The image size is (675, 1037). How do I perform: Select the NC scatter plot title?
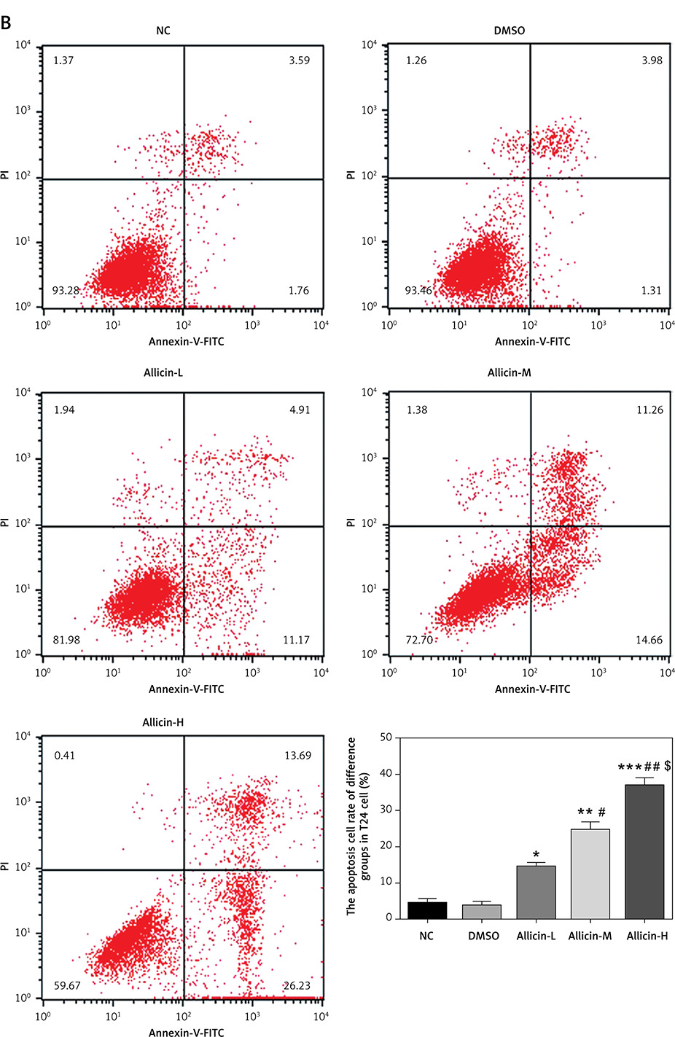coord(163,31)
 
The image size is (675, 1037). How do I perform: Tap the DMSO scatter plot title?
coord(509,31)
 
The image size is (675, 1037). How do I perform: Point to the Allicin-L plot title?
coord(163,372)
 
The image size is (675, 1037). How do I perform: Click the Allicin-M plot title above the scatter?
coord(509,372)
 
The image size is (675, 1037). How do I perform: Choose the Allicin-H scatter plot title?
coord(163,722)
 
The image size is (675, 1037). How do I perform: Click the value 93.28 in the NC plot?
coord(66,290)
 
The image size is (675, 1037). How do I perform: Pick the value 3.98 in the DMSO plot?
coord(652,60)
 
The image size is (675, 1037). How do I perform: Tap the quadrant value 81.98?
coord(66,640)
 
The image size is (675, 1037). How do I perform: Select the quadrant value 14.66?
coord(649,640)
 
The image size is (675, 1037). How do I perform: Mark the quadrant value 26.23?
coord(297,985)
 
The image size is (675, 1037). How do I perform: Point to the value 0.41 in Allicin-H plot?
coord(64,755)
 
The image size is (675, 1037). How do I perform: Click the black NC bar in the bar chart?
coord(426,910)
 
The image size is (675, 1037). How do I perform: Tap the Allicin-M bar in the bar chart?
coord(590,873)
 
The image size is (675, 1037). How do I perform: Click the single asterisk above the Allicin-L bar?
coord(536,855)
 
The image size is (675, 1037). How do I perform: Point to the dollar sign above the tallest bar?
coord(667,766)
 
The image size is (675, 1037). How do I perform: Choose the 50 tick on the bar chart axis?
coord(386,737)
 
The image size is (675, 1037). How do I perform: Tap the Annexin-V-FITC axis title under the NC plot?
coord(186,341)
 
